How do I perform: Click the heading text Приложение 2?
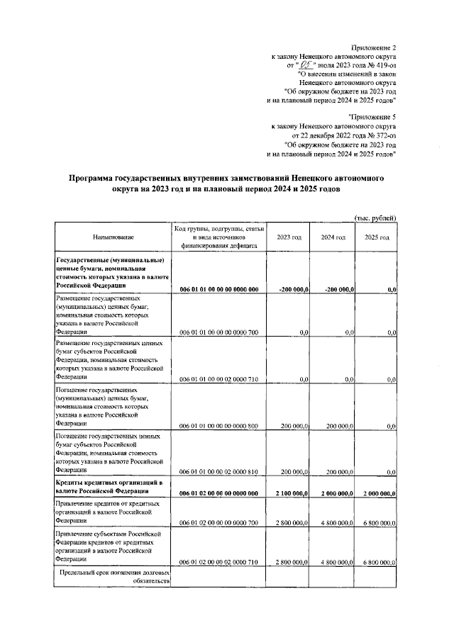(x=374, y=45)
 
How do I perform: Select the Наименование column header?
(x=113, y=237)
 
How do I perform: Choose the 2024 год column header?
(x=332, y=237)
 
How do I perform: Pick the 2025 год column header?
(x=376, y=237)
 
